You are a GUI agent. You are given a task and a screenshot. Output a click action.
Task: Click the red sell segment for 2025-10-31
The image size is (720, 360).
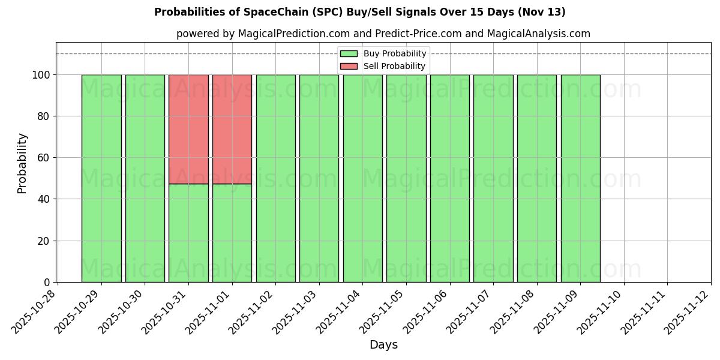(188, 129)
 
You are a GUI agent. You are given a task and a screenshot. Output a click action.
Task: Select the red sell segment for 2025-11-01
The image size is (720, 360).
(232, 129)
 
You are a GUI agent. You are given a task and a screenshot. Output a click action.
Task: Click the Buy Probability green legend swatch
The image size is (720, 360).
(349, 54)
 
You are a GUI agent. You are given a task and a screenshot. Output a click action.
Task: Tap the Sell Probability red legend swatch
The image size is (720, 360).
(349, 66)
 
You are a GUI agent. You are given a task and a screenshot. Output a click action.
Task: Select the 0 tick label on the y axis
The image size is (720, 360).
(47, 283)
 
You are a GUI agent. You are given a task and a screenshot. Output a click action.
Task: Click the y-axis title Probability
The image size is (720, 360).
(22, 163)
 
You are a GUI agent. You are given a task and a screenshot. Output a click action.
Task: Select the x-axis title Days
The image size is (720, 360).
(383, 345)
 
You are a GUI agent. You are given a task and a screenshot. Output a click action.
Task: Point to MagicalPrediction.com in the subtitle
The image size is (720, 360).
(290, 34)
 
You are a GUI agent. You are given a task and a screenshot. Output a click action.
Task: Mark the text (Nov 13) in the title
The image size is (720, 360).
(545, 12)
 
